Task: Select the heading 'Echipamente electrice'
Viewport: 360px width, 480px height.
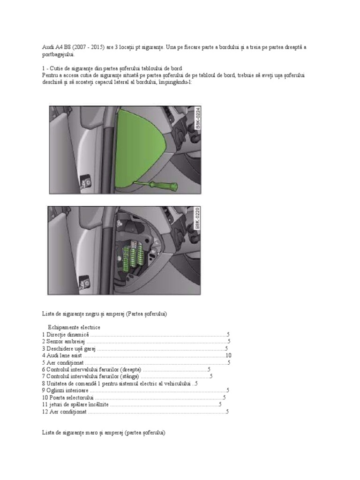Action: tap(74, 327)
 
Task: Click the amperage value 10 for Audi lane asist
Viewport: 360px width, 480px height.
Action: tap(229, 355)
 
